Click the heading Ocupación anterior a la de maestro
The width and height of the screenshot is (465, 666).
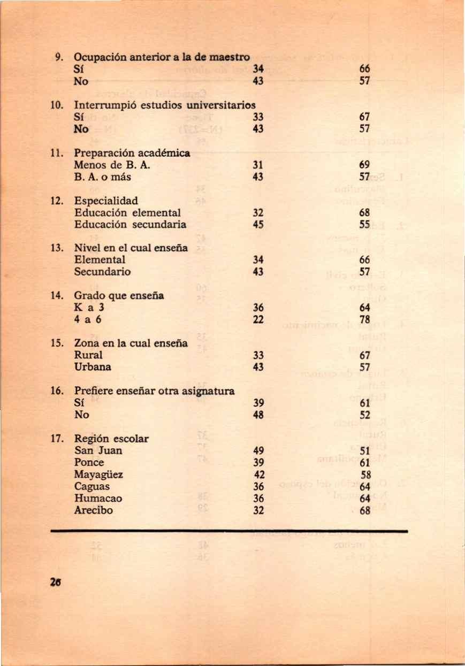pyautogui.click(x=162, y=57)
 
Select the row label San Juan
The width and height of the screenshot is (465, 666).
pyautogui.click(x=98, y=450)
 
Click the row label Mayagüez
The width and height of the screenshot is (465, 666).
pyautogui.click(x=99, y=474)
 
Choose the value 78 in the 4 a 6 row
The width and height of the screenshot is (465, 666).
pyautogui.click(x=365, y=319)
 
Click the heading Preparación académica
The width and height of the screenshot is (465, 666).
pyautogui.click(x=132, y=154)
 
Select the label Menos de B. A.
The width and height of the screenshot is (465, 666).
pyautogui.click(x=107, y=165)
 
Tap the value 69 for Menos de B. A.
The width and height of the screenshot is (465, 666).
pyautogui.click(x=365, y=165)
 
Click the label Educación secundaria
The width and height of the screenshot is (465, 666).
pyautogui.click(x=130, y=225)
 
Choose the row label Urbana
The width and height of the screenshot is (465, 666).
pyautogui.click(x=93, y=367)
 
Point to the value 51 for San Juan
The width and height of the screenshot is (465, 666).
pyautogui.click(x=365, y=450)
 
